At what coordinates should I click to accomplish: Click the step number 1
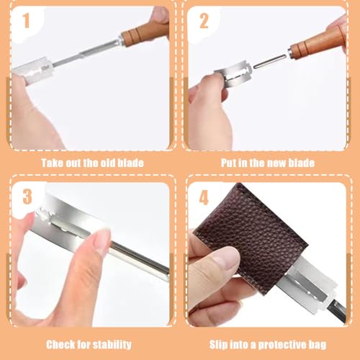[x=26, y=20]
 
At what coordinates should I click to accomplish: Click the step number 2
[x=204, y=21]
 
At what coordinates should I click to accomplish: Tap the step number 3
[x=27, y=197]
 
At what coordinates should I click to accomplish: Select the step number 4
[x=204, y=198]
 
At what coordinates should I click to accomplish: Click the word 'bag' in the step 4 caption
[x=318, y=346]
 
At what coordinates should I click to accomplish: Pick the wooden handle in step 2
[x=318, y=44]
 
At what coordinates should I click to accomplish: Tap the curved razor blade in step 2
[x=233, y=73]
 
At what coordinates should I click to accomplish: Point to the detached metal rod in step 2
[x=270, y=61]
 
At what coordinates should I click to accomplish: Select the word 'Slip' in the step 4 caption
[x=219, y=345]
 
